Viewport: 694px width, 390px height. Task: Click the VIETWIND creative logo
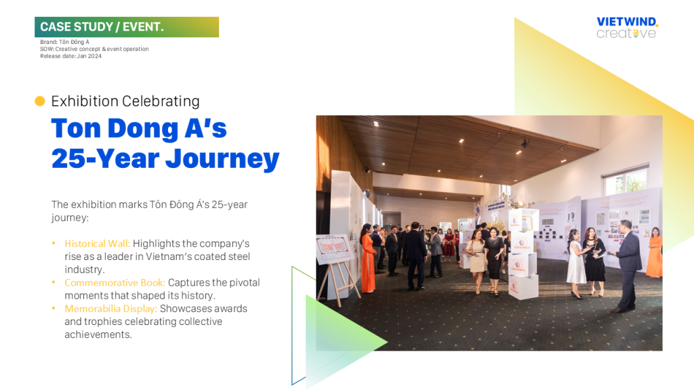[x=627, y=28]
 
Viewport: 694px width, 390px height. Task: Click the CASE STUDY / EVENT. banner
[x=127, y=27]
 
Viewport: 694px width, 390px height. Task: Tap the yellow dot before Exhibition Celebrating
[x=40, y=102]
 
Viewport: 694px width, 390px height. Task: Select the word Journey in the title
[x=222, y=158]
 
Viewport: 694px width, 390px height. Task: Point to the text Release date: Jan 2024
[x=70, y=56]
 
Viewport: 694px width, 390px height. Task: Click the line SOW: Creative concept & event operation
[x=94, y=49]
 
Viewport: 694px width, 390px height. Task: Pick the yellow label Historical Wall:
[x=98, y=244]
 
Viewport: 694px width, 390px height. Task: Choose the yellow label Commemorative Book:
[x=115, y=282]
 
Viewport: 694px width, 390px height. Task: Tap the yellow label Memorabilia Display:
[x=110, y=309]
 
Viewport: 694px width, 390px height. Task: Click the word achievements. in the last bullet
[x=98, y=334]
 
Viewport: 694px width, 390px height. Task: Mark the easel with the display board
[x=335, y=265]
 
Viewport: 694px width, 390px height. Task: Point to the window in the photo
[x=626, y=180]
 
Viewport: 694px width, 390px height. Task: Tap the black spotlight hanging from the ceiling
[x=525, y=144]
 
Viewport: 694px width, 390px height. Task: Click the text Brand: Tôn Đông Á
[x=64, y=42]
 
